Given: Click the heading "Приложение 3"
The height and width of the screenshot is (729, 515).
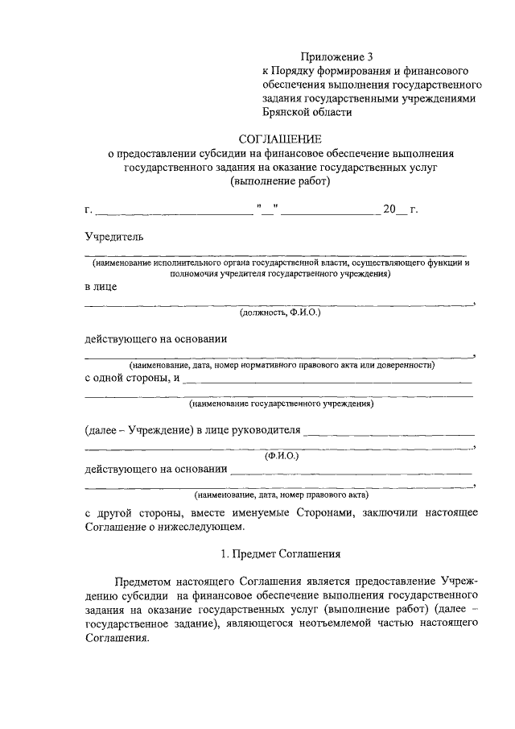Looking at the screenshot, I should [x=338, y=56].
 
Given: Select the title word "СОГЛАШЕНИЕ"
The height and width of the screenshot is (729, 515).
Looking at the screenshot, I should [x=279, y=139].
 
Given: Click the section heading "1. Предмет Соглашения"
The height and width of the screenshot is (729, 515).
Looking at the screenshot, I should [x=280, y=554].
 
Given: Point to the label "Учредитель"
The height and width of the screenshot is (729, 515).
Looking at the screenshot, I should [x=114, y=236].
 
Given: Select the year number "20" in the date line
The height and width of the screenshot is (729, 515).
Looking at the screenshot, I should [x=389, y=210].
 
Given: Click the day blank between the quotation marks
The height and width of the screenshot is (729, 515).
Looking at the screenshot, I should [x=266, y=211].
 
